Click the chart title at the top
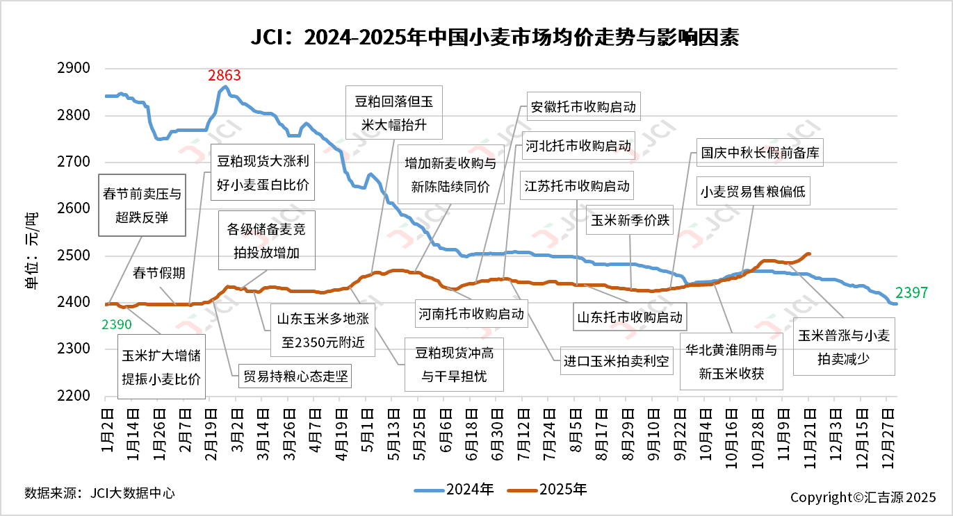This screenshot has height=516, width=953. coord(494,37)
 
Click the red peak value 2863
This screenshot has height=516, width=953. coord(225,75)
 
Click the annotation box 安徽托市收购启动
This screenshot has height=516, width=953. coord(583,108)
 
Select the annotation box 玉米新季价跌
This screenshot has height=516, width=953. coord(630,220)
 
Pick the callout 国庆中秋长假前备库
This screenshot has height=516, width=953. coord(760,153)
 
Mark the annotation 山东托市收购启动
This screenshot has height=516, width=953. coord(629,318)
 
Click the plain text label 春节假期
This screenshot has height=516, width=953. coord(159,272)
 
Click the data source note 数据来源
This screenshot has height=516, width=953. coord(99,493)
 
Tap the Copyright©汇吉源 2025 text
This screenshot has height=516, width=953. coord(863,497)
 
